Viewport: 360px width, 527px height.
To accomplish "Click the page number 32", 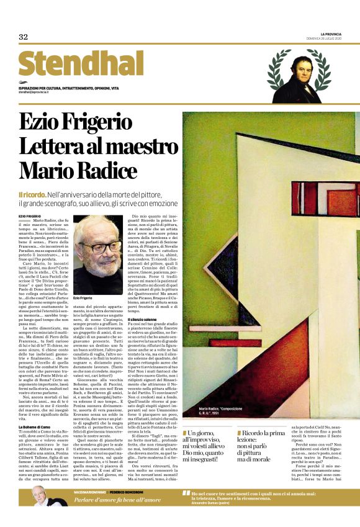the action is tap(24, 37).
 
